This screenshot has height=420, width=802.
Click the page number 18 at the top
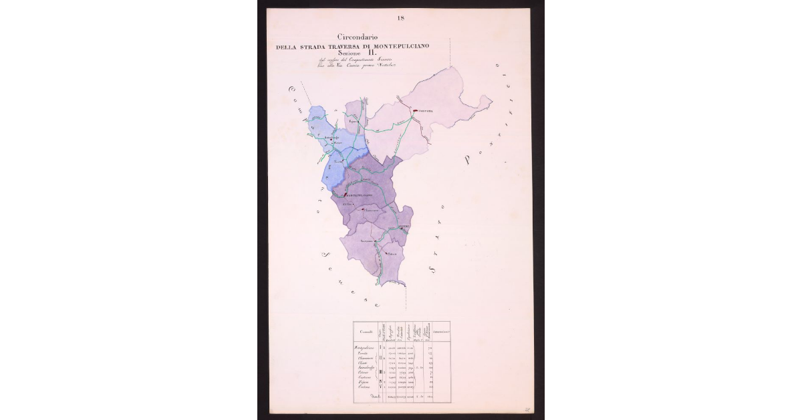(x=400, y=17)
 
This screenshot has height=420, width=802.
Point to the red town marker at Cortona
(x=415, y=110)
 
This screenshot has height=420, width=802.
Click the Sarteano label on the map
(x=366, y=240)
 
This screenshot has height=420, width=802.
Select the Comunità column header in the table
(x=364, y=332)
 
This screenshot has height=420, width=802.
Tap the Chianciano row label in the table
(x=365, y=358)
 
